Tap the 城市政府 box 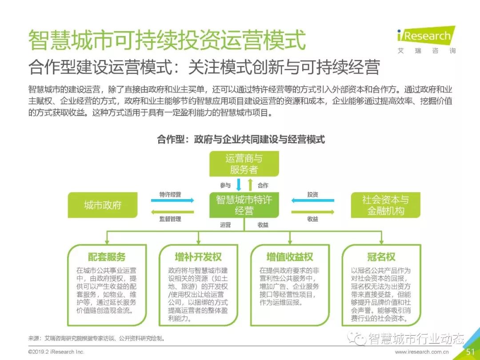click(x=103, y=205)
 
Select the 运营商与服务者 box click(x=244, y=164)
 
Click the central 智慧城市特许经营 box click(x=244, y=205)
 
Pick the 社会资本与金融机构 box click(x=385, y=205)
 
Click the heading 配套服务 click(x=107, y=257)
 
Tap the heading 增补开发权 click(x=198, y=257)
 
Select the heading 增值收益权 click(x=290, y=257)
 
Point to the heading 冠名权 click(x=381, y=257)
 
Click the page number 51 click(x=470, y=352)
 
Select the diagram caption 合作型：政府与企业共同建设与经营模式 click(x=241, y=140)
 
